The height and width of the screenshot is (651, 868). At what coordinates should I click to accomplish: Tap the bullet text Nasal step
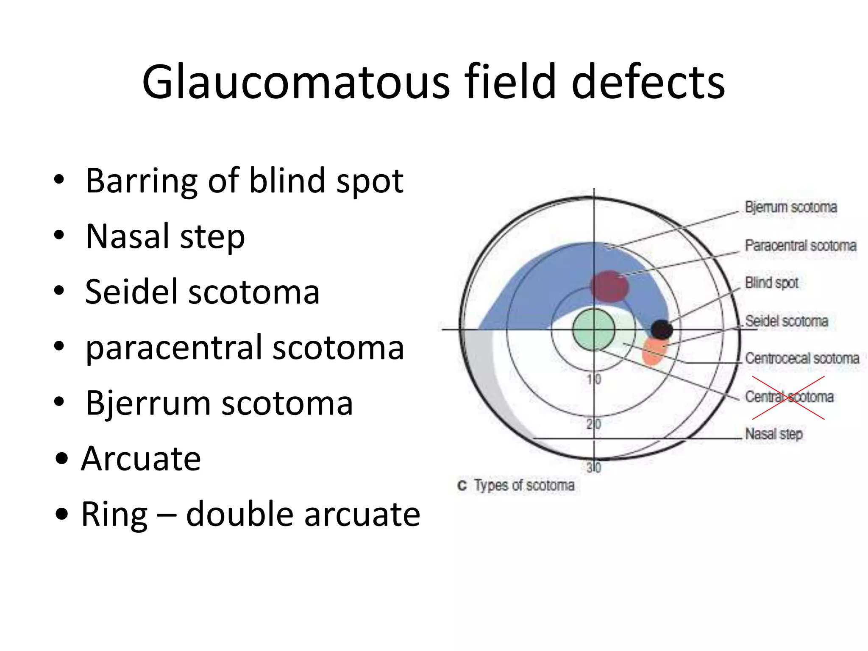pos(165,236)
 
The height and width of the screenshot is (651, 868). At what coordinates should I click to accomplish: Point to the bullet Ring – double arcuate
pos(250,514)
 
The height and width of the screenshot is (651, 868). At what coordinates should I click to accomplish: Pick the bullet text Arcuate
pos(141,459)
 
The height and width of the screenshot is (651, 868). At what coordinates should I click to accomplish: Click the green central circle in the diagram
pos(593,330)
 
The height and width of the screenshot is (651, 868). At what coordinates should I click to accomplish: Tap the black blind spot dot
pos(661,329)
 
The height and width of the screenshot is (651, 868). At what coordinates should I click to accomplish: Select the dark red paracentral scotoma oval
pos(609,286)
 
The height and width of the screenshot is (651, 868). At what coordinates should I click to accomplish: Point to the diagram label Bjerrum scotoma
pos(791,207)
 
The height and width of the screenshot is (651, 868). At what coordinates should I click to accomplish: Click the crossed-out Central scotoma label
pos(789,397)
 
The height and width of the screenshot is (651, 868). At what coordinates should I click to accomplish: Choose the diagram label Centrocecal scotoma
pos(802,359)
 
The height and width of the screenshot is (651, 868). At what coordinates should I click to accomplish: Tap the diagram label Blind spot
pos(771,283)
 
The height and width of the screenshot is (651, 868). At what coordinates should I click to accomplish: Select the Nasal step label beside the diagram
pos(773,434)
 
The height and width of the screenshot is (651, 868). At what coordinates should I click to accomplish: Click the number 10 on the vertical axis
pos(594,379)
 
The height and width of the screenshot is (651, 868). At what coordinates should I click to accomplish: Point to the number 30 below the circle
pos(594,467)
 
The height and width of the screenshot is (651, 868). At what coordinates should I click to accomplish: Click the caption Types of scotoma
pos(524,485)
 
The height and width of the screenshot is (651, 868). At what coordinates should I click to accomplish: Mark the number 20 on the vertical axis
pos(594,423)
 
